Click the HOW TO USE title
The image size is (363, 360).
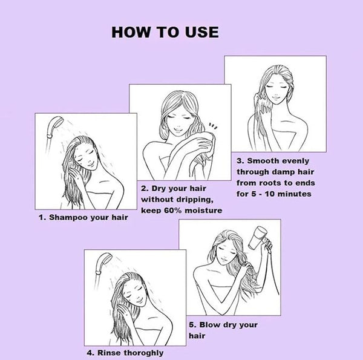point(165,32)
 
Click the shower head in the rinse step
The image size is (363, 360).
point(103,263)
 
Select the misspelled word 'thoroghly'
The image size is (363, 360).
point(143,353)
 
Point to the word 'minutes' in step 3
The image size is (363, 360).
point(294,194)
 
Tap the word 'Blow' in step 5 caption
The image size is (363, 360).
point(210,325)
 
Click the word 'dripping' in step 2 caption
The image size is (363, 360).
point(195,200)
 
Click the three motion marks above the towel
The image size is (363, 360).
point(213,126)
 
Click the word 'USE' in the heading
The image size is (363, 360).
point(202,32)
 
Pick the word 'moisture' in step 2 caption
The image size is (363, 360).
point(203,211)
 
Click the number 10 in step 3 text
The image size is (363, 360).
point(270,194)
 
